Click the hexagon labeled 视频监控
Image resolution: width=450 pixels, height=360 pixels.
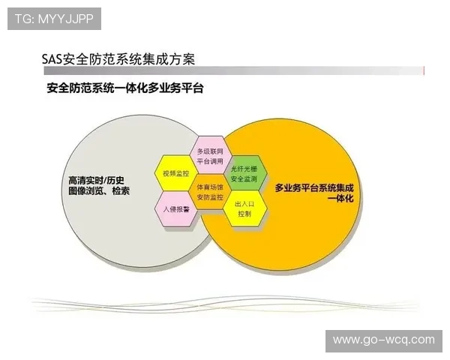click(x=173, y=172)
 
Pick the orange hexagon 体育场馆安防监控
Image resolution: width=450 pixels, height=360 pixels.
click(x=210, y=191)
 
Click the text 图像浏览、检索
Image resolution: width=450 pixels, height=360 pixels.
click(x=98, y=191)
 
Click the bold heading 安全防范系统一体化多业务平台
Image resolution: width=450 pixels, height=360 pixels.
click(x=125, y=88)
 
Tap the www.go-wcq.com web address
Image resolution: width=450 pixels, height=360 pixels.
click(x=384, y=340)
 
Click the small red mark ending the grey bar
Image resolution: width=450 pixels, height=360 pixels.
click(x=425, y=70)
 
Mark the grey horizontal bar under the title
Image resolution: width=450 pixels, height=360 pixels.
click(x=232, y=70)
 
